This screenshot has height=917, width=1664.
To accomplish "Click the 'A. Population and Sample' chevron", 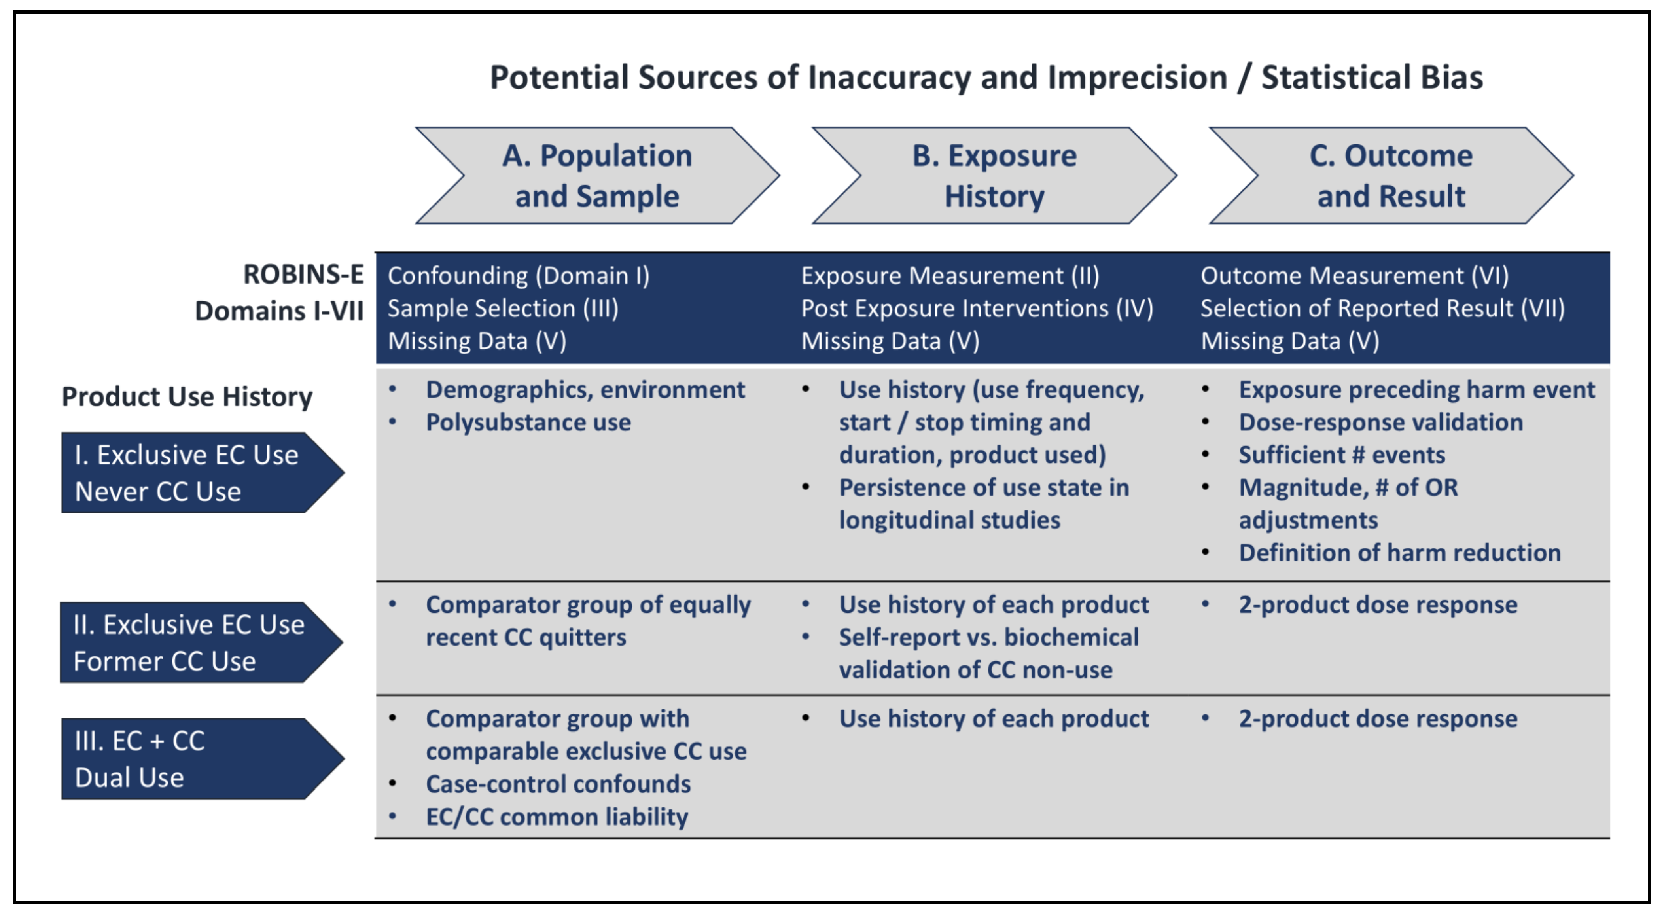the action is point(597,176).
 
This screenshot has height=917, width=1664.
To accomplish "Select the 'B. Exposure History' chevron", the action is point(994,176).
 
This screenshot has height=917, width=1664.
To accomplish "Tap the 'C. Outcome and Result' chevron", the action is point(1391,176).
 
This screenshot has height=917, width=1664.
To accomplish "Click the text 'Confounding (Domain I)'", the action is point(518,276).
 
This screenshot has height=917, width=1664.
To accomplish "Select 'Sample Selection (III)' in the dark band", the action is point(503,308).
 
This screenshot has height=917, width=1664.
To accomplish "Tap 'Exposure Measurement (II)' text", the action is point(950,276).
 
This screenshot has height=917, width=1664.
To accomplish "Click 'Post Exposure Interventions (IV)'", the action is point(977,308).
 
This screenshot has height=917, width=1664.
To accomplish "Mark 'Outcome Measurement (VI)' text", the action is point(1355,276).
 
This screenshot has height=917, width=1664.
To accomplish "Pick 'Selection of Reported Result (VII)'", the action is point(1382,308).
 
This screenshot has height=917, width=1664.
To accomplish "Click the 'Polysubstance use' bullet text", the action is point(528,423).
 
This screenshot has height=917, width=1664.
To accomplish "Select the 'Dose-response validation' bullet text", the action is point(1380,423).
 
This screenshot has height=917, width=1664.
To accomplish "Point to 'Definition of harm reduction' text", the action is point(1399,553).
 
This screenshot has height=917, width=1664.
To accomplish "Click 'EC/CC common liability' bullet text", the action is point(557,817).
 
